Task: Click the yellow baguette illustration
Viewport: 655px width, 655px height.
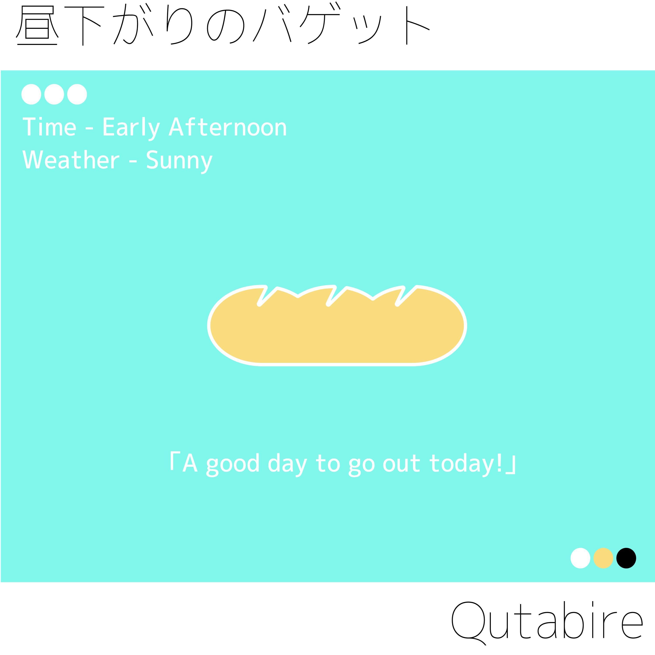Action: (337, 326)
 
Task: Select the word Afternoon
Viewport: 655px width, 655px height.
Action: (228, 127)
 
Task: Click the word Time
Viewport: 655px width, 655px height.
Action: (50, 127)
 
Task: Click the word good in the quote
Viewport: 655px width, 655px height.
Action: (233, 464)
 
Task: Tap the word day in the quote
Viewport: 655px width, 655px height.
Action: (287, 464)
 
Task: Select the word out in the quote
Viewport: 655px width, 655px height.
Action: (402, 464)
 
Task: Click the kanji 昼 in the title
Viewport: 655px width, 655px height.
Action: (37, 26)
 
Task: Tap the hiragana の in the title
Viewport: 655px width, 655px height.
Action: (226, 27)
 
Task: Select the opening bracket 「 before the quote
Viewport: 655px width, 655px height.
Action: (172, 461)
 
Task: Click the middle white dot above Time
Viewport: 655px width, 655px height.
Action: (54, 94)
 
